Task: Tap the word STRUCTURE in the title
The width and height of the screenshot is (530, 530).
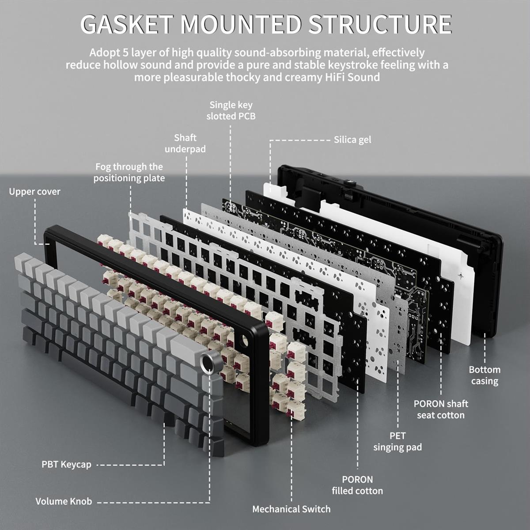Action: (x=380, y=24)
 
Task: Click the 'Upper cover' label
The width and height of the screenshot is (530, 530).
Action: (x=34, y=192)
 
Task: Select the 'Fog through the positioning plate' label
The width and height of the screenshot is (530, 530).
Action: (x=129, y=172)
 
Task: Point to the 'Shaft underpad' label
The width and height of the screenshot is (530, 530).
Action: (x=185, y=144)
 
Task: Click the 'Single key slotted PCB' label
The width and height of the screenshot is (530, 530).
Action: (x=231, y=110)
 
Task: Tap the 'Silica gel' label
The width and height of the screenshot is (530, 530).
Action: (x=352, y=140)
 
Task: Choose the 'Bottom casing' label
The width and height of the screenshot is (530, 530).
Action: (x=485, y=375)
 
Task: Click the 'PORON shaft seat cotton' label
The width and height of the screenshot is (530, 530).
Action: (x=440, y=409)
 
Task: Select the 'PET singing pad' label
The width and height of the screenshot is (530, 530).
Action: (x=397, y=442)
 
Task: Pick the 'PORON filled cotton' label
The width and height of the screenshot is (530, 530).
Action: (x=357, y=485)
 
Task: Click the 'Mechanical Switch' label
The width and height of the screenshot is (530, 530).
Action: (x=291, y=509)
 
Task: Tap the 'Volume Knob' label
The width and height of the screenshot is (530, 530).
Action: (x=64, y=501)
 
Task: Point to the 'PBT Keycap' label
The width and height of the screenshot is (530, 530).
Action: (x=66, y=465)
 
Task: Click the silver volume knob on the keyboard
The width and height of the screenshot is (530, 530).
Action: (x=209, y=363)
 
